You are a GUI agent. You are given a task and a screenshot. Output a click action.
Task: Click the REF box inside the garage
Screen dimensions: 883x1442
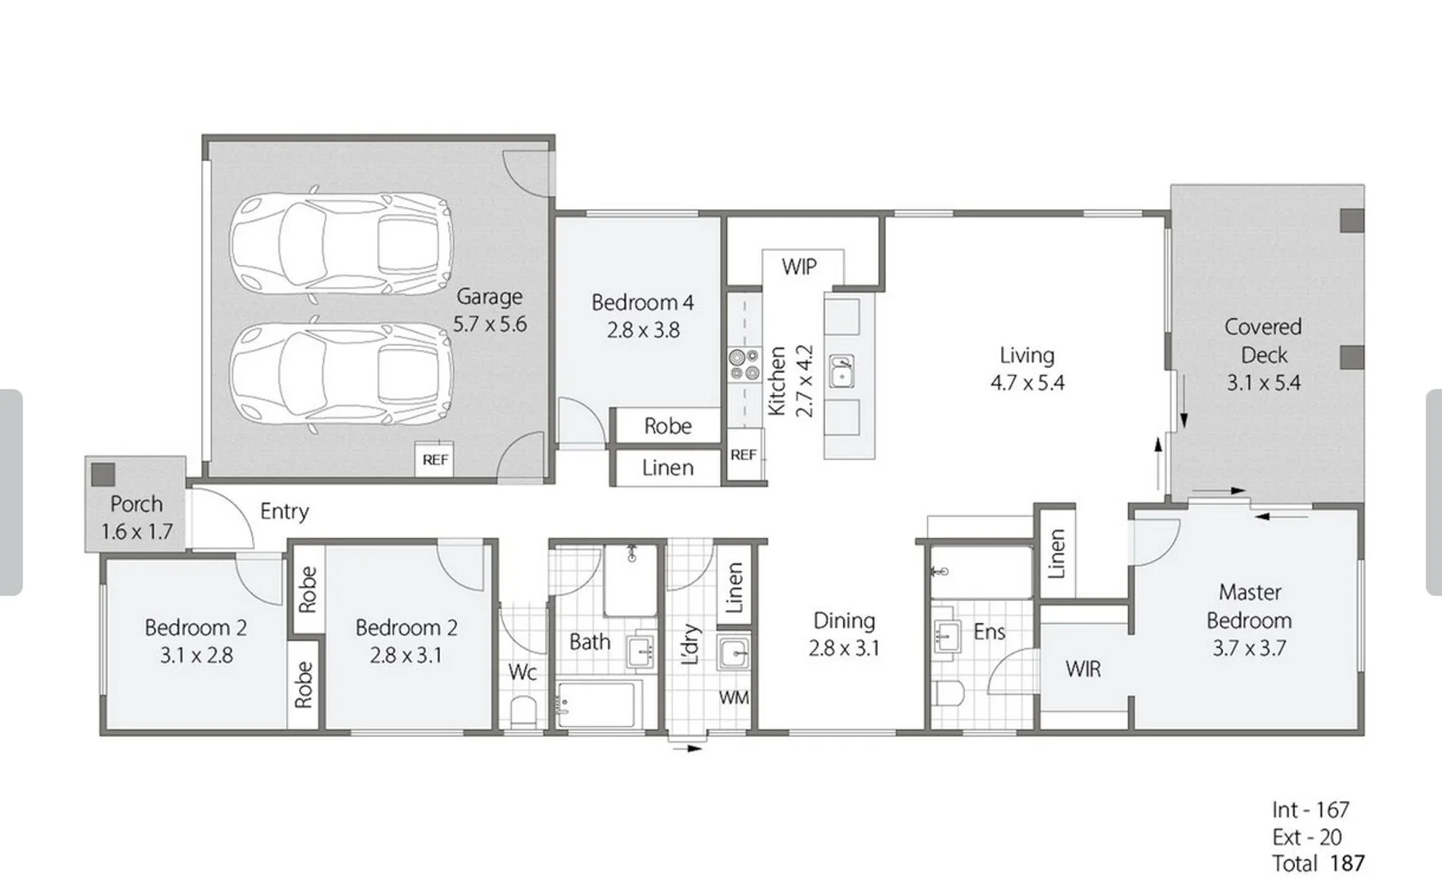click(x=435, y=459)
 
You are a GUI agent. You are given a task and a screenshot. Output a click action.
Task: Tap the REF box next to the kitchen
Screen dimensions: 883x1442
click(x=743, y=455)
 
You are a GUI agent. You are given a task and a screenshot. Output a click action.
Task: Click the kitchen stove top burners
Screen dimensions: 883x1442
click(x=744, y=365)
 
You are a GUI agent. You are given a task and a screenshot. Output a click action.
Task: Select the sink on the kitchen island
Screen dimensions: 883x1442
click(x=842, y=372)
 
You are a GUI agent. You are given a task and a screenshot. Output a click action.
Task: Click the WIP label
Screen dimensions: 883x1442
click(x=798, y=267)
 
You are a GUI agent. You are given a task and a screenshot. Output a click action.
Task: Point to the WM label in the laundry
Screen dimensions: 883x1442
click(x=733, y=697)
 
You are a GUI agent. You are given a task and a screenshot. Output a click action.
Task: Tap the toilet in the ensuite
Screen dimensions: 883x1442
click(x=949, y=693)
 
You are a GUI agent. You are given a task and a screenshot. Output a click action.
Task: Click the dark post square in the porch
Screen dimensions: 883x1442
click(x=103, y=474)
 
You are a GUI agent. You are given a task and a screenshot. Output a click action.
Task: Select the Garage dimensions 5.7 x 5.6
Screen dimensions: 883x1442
click(x=490, y=324)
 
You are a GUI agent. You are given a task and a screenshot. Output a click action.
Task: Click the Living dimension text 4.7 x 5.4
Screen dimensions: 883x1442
click(x=1027, y=383)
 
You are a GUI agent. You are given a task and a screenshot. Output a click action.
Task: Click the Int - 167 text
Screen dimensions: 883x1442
click(x=1310, y=809)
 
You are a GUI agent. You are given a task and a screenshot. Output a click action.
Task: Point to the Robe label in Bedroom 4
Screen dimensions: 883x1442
click(x=667, y=426)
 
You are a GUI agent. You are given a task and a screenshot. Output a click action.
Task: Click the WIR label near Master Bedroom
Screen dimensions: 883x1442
click(x=1083, y=670)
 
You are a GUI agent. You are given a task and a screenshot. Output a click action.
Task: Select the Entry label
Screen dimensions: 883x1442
click(x=285, y=512)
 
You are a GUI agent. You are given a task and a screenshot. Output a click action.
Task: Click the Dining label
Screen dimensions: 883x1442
click(x=843, y=621)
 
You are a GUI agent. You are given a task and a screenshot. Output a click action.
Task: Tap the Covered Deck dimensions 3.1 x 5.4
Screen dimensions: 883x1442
click(x=1263, y=383)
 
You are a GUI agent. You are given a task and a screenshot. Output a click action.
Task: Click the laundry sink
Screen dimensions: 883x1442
click(x=734, y=653)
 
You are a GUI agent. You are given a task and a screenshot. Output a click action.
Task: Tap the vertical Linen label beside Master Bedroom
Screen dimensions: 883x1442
click(x=1056, y=554)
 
